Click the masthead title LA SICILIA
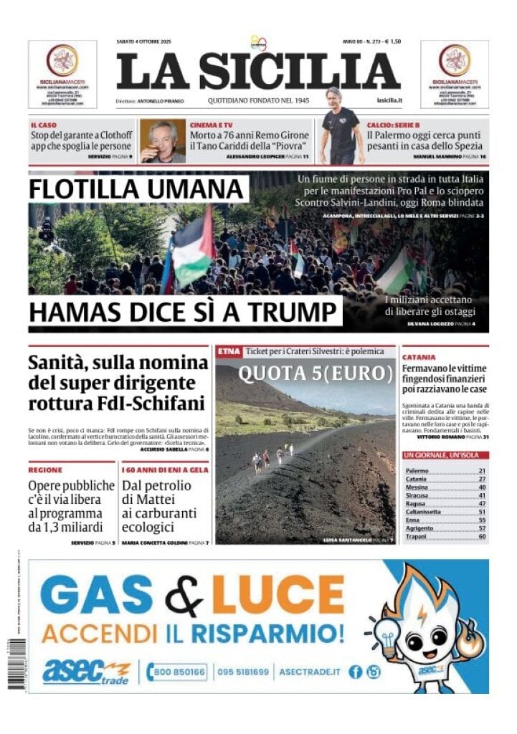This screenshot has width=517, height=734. click(x=258, y=72)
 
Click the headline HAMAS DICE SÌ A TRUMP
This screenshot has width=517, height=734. click(x=184, y=313)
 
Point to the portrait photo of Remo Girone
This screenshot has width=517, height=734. click(x=162, y=140)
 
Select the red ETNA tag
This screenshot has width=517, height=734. click(x=229, y=351)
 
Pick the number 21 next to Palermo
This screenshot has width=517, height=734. click(x=482, y=471)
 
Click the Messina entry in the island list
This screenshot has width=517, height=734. click(x=417, y=487)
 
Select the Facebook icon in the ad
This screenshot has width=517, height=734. click(x=355, y=672)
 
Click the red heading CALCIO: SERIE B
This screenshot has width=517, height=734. click(x=393, y=125)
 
